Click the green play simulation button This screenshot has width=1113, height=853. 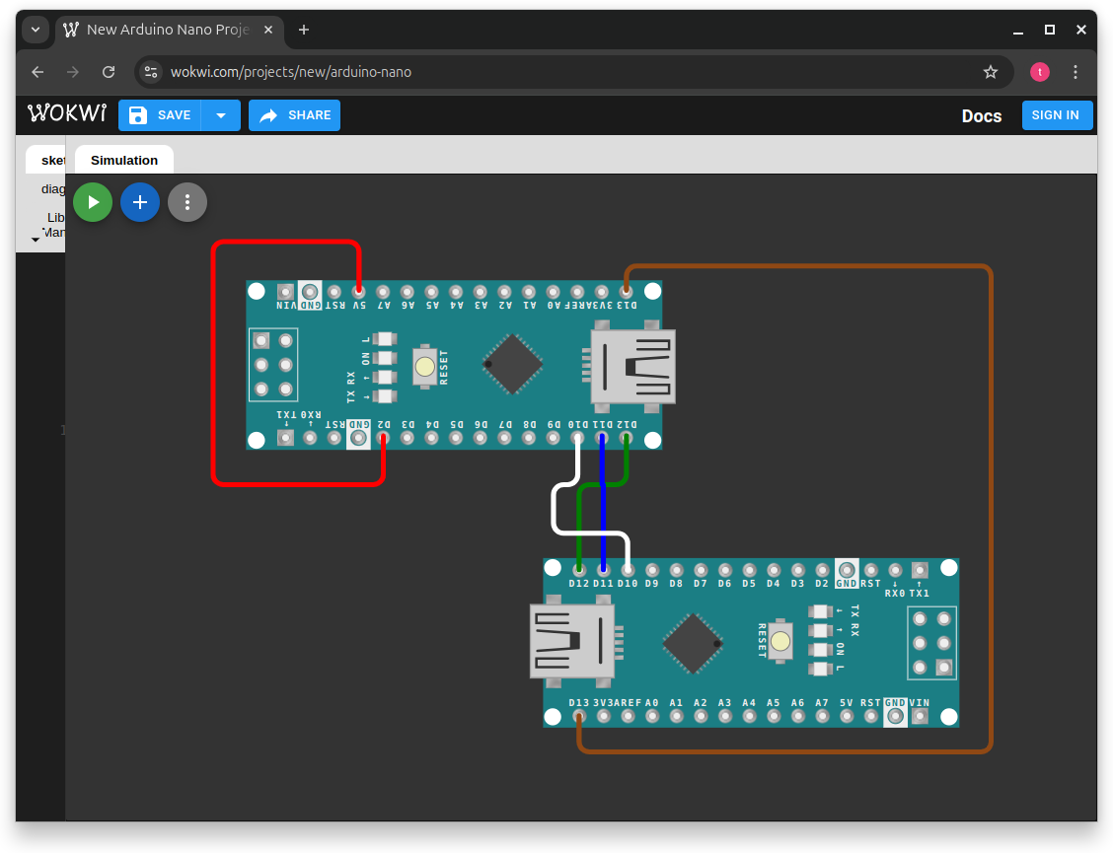[x=93, y=202]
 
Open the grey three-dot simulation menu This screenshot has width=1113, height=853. [x=187, y=202]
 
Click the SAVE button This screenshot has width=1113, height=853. [x=160, y=115]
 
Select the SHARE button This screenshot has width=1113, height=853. [x=294, y=115]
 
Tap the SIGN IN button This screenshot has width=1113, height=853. [x=1055, y=115]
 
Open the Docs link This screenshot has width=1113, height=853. [x=981, y=116]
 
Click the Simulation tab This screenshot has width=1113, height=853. [x=124, y=160]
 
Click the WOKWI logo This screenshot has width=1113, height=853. [x=67, y=114]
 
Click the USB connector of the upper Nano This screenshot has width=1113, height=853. [x=632, y=367]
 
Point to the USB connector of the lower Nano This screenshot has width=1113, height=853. [x=572, y=641]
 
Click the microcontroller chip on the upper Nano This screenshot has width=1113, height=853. [x=513, y=364]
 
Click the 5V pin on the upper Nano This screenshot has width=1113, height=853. [x=358, y=292]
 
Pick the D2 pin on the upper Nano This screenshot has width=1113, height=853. [x=383, y=438]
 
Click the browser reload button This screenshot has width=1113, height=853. [x=109, y=72]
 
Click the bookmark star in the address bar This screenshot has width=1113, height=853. [x=991, y=72]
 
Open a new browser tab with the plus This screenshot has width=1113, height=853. [x=304, y=30]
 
